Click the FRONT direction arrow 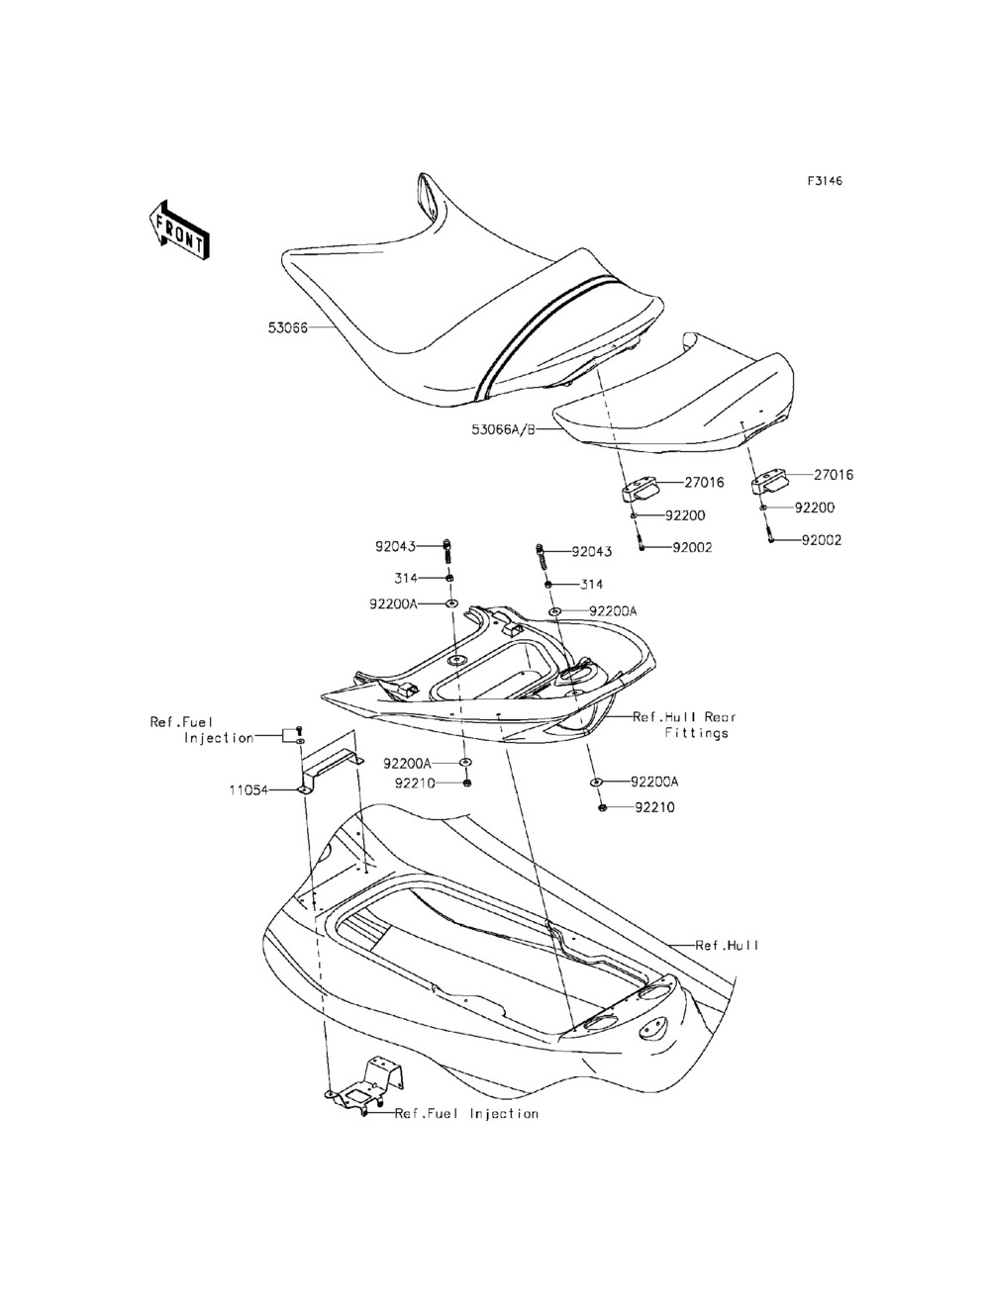[178, 230]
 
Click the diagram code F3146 [825, 182]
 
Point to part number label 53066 [287, 327]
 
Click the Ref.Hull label [727, 946]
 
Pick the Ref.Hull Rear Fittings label [685, 725]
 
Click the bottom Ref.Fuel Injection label [466, 1114]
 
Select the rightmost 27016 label [834, 475]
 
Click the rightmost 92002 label [822, 541]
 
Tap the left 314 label [406, 578]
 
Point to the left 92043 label [395, 546]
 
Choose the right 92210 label [655, 807]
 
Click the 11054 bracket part [322, 773]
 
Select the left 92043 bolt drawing [449, 550]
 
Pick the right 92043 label [592, 552]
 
